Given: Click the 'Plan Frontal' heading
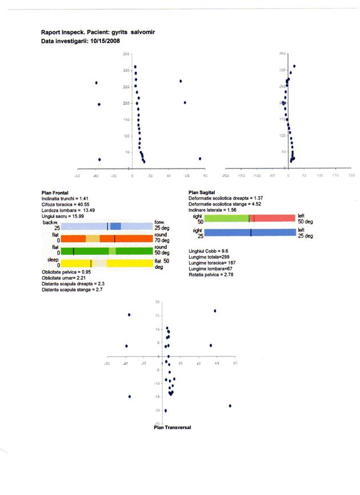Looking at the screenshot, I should (56, 193).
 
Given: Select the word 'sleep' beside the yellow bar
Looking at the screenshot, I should (54, 259).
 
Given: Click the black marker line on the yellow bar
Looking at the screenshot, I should (91, 263).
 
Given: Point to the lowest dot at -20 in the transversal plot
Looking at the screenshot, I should (166, 411).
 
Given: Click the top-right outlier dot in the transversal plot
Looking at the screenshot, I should (215, 311).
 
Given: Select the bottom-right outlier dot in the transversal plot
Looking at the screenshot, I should (230, 405).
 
